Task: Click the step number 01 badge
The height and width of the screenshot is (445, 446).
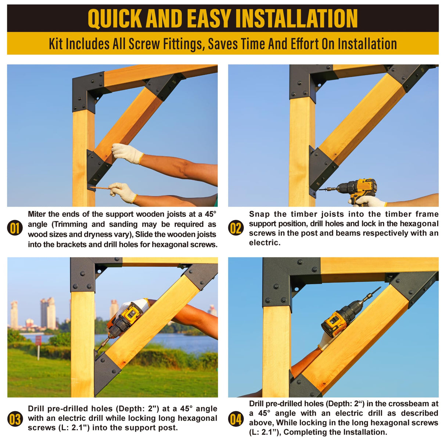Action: click(x=15, y=228)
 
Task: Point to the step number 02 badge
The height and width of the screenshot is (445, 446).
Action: click(x=236, y=228)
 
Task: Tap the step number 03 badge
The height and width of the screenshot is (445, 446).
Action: click(x=15, y=419)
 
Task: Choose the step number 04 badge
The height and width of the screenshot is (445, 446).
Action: click(x=236, y=419)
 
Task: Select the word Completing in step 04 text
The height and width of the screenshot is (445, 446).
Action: click(x=306, y=432)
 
